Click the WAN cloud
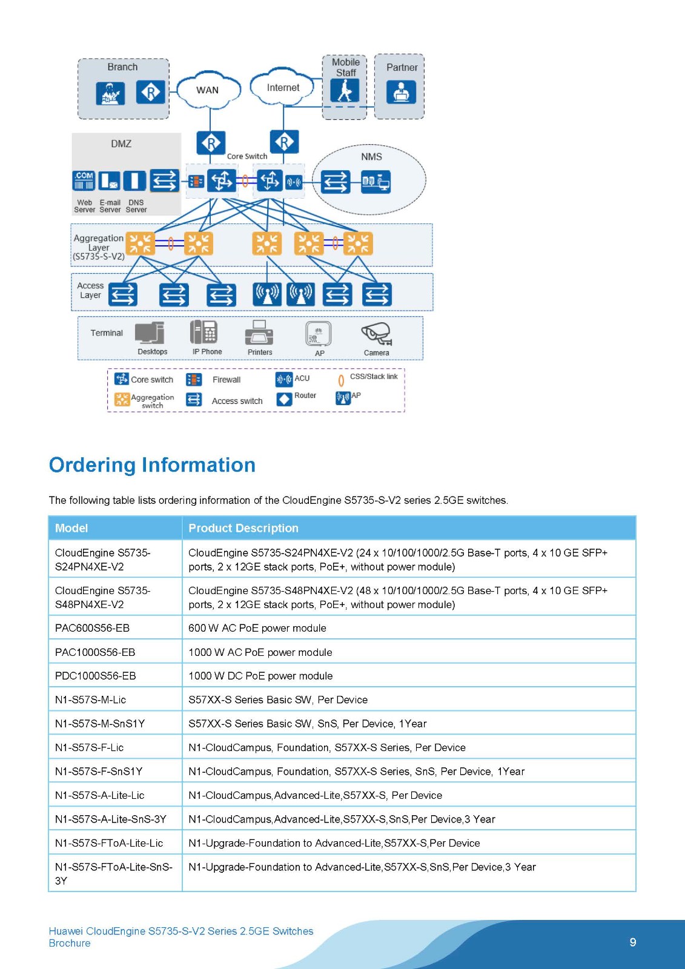[x=207, y=90]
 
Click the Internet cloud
[x=283, y=88]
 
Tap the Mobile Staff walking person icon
[x=345, y=91]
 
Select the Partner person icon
[x=401, y=92]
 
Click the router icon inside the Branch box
[x=150, y=92]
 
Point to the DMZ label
[x=121, y=144]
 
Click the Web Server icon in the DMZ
[x=84, y=180]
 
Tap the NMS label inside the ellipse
[x=371, y=157]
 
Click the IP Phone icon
[x=204, y=332]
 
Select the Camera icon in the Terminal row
[x=377, y=333]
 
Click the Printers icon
[x=259, y=333]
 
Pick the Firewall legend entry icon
[x=194, y=380]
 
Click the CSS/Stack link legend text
[x=374, y=377]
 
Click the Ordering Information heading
[x=152, y=465]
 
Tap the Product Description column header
[x=243, y=528]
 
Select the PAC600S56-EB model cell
[x=92, y=628]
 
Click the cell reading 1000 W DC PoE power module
[x=260, y=676]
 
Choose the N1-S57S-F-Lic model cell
[x=89, y=747]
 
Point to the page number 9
[x=633, y=942]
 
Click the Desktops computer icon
[x=150, y=332]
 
